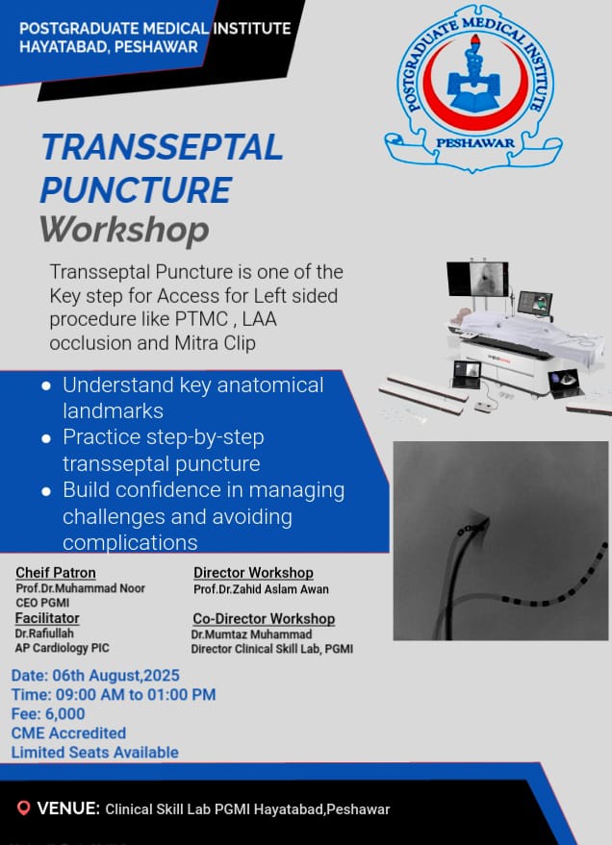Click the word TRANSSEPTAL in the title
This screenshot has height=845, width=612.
coord(162,147)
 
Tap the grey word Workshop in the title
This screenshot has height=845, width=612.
coord(124,231)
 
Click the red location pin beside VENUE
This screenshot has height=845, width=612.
coord(23,808)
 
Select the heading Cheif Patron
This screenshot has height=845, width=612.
coord(56,573)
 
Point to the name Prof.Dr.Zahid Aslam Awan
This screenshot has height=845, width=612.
coord(261,589)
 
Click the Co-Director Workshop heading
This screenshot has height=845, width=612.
coord(264,619)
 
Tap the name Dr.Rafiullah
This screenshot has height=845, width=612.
coord(44,634)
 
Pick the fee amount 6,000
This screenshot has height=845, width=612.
coord(64,713)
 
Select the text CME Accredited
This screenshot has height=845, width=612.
coord(68,733)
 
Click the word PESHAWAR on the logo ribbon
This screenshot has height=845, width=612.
coord(475,143)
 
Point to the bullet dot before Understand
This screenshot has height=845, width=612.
coord(46,385)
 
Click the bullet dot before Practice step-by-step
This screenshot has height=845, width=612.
coord(46,438)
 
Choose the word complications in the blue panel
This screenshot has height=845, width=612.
coord(130,542)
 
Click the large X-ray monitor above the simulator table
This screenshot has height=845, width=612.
coord(477,279)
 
